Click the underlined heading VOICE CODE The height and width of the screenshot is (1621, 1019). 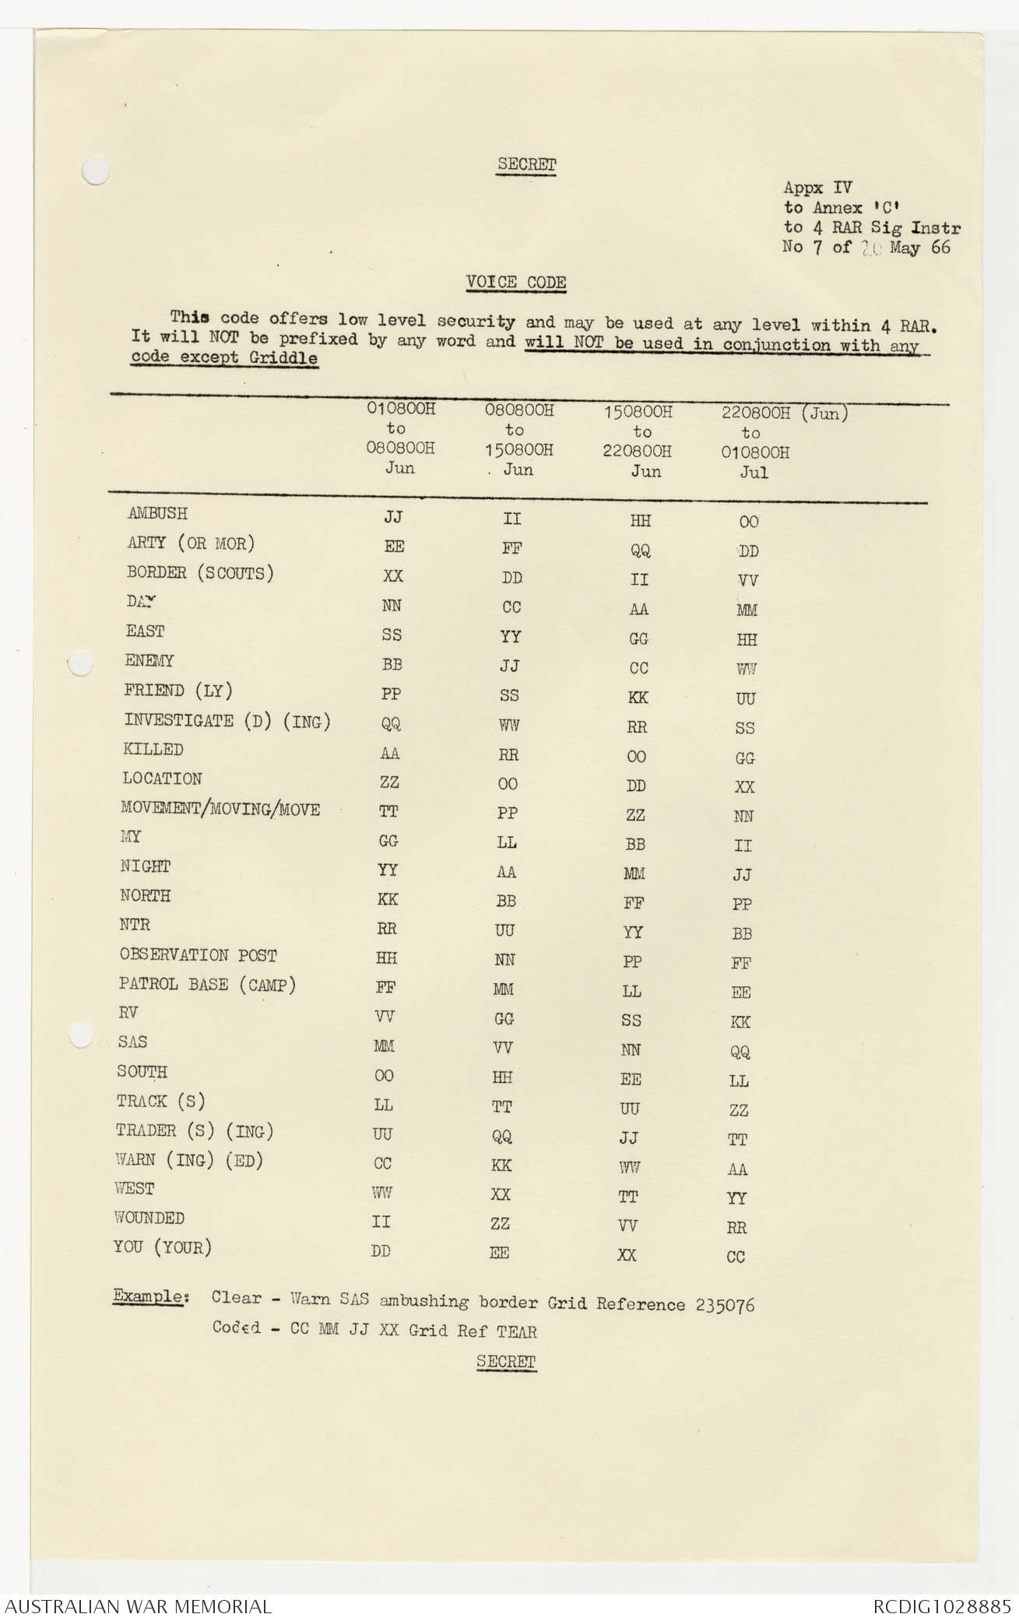point(516,283)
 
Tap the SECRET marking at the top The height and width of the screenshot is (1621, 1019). point(527,164)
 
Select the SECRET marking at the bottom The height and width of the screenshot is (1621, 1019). point(506,1361)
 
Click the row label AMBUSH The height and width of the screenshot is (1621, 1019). point(157,514)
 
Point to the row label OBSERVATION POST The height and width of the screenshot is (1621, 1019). point(198,955)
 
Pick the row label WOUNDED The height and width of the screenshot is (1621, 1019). point(149,1218)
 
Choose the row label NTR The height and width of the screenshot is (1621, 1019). point(135,925)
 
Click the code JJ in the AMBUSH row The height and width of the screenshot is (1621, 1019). point(393,517)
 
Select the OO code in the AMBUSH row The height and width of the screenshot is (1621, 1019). point(748,522)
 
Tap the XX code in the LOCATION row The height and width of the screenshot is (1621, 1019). point(744,787)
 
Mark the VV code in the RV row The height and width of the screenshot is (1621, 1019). point(384,1017)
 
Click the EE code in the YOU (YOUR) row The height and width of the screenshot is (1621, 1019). point(499,1253)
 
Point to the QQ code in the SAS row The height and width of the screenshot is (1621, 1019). point(740,1052)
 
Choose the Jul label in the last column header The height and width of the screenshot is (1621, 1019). point(754,473)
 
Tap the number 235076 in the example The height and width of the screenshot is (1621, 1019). point(725,1305)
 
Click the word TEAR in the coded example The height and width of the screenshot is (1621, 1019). point(516,1331)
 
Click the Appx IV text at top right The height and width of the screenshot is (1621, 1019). point(817,188)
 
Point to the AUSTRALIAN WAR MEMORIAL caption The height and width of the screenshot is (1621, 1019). point(139,1605)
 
